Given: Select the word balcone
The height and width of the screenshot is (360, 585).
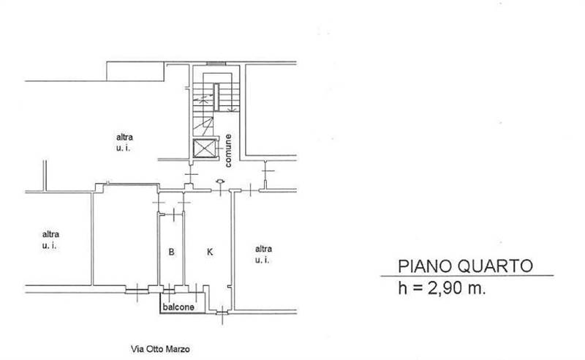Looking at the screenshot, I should pyautogui.click(x=178, y=307).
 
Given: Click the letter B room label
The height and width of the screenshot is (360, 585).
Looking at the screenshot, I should pyautogui.click(x=171, y=253).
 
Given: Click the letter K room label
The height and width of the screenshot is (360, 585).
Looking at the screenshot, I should pyautogui.click(x=210, y=253).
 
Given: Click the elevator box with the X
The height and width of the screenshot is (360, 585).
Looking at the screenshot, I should pyautogui.click(x=205, y=149).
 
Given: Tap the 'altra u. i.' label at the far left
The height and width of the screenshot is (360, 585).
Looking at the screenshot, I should pyautogui.click(x=50, y=239).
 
